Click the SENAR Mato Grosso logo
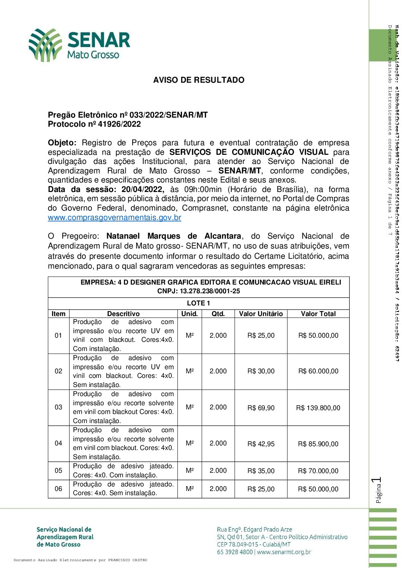point(79,45)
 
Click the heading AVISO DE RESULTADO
point(199,80)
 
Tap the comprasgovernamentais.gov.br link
point(114,218)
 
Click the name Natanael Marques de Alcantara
point(174,236)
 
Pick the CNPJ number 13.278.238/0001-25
point(210,291)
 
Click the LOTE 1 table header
point(198,303)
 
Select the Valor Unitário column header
point(261,314)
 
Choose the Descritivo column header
point(123,314)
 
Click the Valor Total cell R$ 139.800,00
point(318,408)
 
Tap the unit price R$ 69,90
point(261,408)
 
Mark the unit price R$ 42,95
point(261,444)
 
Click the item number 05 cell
point(59,471)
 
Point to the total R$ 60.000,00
point(318,371)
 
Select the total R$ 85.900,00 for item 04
point(318,444)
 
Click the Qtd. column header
point(218,314)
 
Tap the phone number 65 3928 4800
point(235,552)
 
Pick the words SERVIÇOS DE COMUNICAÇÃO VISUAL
point(249,153)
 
